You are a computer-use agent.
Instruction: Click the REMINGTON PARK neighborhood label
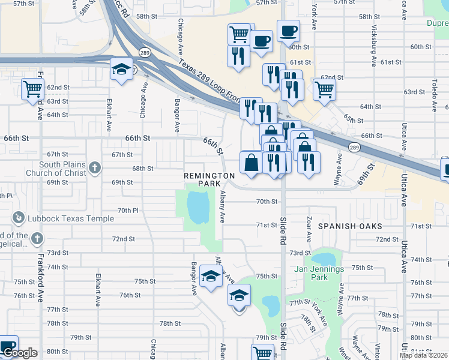coord(209,181)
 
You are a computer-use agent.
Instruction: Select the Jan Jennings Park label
coord(319,273)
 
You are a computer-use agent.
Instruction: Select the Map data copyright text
coord(423,355)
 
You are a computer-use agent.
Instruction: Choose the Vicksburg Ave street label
coord(374,46)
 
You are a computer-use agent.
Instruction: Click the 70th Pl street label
coord(128,211)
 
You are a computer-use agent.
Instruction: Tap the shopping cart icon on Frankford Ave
coord(33,89)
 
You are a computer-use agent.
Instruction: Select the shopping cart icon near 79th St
coord(263,353)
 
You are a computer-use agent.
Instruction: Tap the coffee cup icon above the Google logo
coord(8,346)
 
